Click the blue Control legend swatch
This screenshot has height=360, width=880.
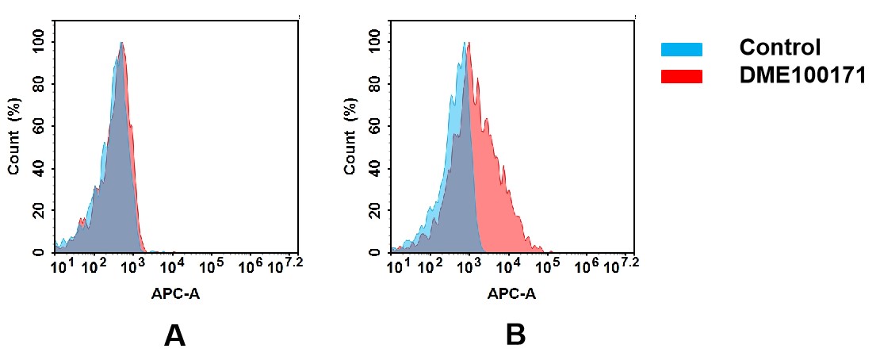tap(681, 49)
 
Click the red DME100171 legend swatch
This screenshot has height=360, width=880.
tap(681, 76)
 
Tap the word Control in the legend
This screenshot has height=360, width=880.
tap(780, 48)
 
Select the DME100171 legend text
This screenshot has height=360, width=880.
tap(802, 75)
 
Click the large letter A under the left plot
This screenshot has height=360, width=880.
tap(174, 336)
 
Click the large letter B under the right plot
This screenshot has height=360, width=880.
tap(515, 336)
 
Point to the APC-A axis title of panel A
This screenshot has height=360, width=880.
tap(175, 294)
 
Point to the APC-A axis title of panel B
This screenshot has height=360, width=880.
tap(511, 294)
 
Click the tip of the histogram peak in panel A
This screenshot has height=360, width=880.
tap(121, 43)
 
